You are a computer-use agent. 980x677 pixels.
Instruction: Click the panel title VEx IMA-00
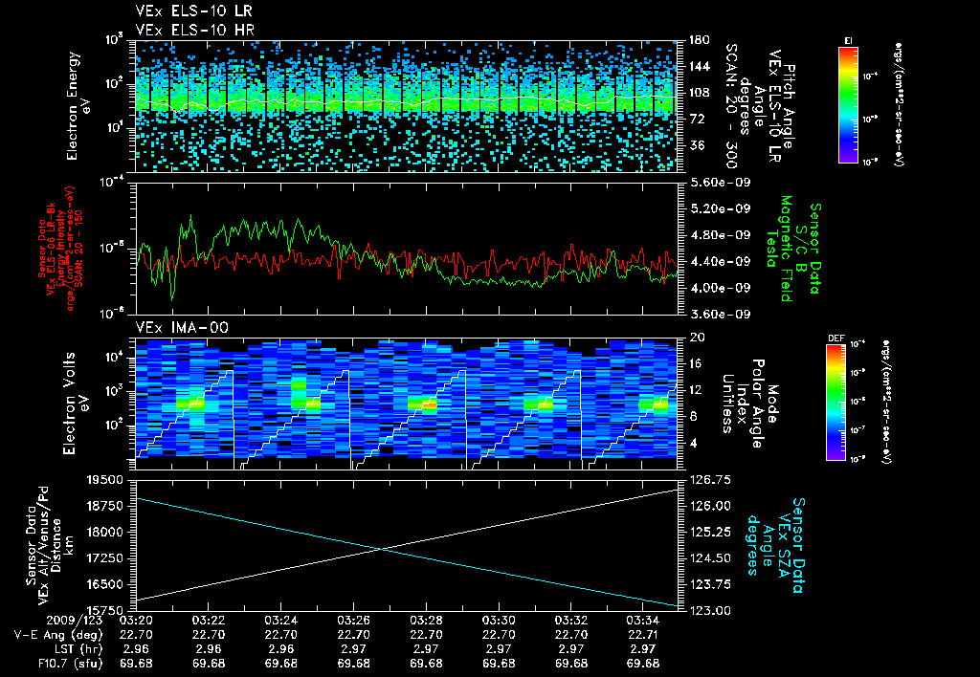[x=173, y=328]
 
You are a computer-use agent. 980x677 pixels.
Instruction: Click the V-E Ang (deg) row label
[x=52, y=633]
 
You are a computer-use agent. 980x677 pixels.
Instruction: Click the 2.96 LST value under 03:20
[x=136, y=647]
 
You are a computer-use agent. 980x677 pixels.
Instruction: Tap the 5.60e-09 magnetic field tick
[x=710, y=182]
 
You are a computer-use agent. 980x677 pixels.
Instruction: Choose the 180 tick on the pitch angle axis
[x=696, y=40]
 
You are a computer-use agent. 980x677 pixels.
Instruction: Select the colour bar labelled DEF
[x=848, y=402]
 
